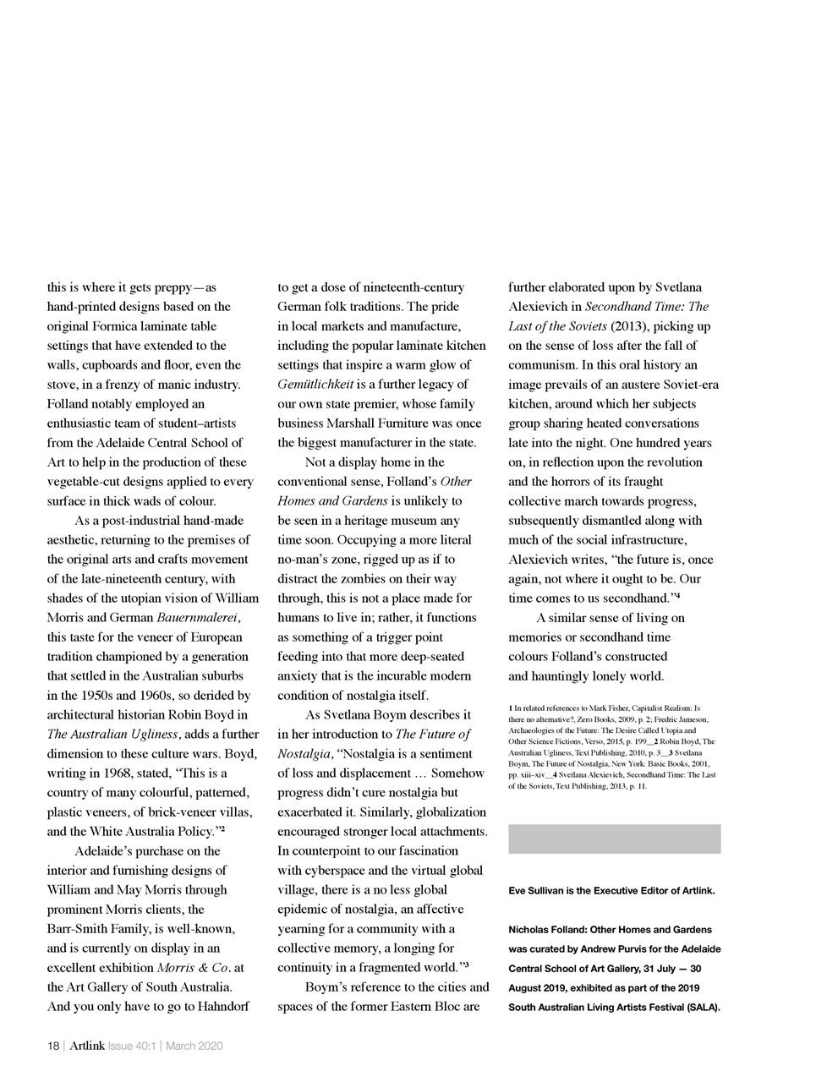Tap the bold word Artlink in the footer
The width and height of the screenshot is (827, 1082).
point(87,1046)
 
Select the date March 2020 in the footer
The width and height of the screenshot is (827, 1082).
point(194,1046)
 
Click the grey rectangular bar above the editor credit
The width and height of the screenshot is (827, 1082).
point(614,839)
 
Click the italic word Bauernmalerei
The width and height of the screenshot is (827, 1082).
point(196,618)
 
